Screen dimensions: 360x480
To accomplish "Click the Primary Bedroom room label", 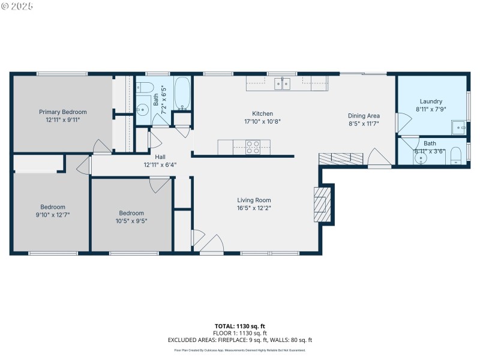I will coord(63,112).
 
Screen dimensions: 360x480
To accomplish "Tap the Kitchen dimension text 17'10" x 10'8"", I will coord(262,121).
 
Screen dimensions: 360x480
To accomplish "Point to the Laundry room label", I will coord(431,101).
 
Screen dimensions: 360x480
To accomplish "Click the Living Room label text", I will coord(254,200).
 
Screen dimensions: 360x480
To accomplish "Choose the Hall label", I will coord(160,157).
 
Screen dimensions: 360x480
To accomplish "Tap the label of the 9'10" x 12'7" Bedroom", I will coord(53,207).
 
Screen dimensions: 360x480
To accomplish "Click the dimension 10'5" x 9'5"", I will coord(131,220).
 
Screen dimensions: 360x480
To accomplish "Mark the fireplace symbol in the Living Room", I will coord(322,204).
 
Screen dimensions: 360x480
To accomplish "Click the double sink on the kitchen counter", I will coord(282,83).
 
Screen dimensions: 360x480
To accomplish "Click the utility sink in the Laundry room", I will coord(458,127).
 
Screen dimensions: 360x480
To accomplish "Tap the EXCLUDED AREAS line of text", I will coord(240,340).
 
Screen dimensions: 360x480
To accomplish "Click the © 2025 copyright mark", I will coord(17,5).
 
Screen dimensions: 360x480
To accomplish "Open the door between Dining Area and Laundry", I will coord(400,122).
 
